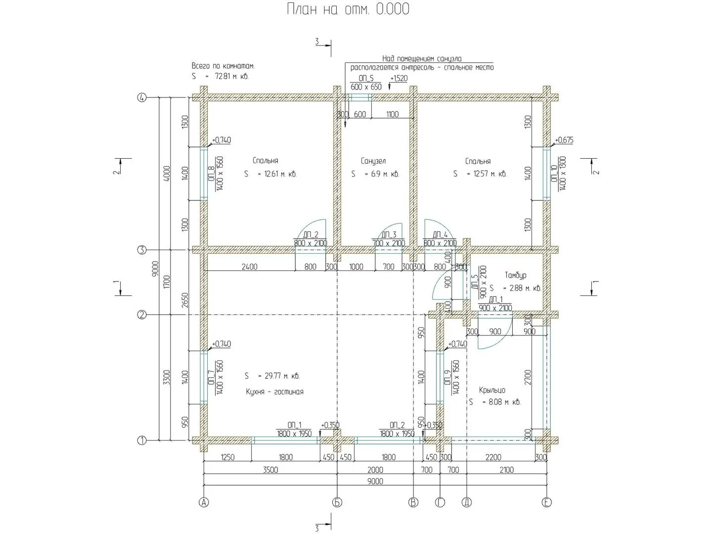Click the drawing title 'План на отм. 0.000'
348,9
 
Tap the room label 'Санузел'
373,161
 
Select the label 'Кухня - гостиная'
274,392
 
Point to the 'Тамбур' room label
516,275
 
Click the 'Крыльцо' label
492,390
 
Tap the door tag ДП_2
311,234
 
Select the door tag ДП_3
389,234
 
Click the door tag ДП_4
440,234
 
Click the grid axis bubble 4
142,98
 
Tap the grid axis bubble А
203,503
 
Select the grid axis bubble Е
546,503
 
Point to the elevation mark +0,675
564,140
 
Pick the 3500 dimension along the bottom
270,470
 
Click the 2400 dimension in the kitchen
249,267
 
